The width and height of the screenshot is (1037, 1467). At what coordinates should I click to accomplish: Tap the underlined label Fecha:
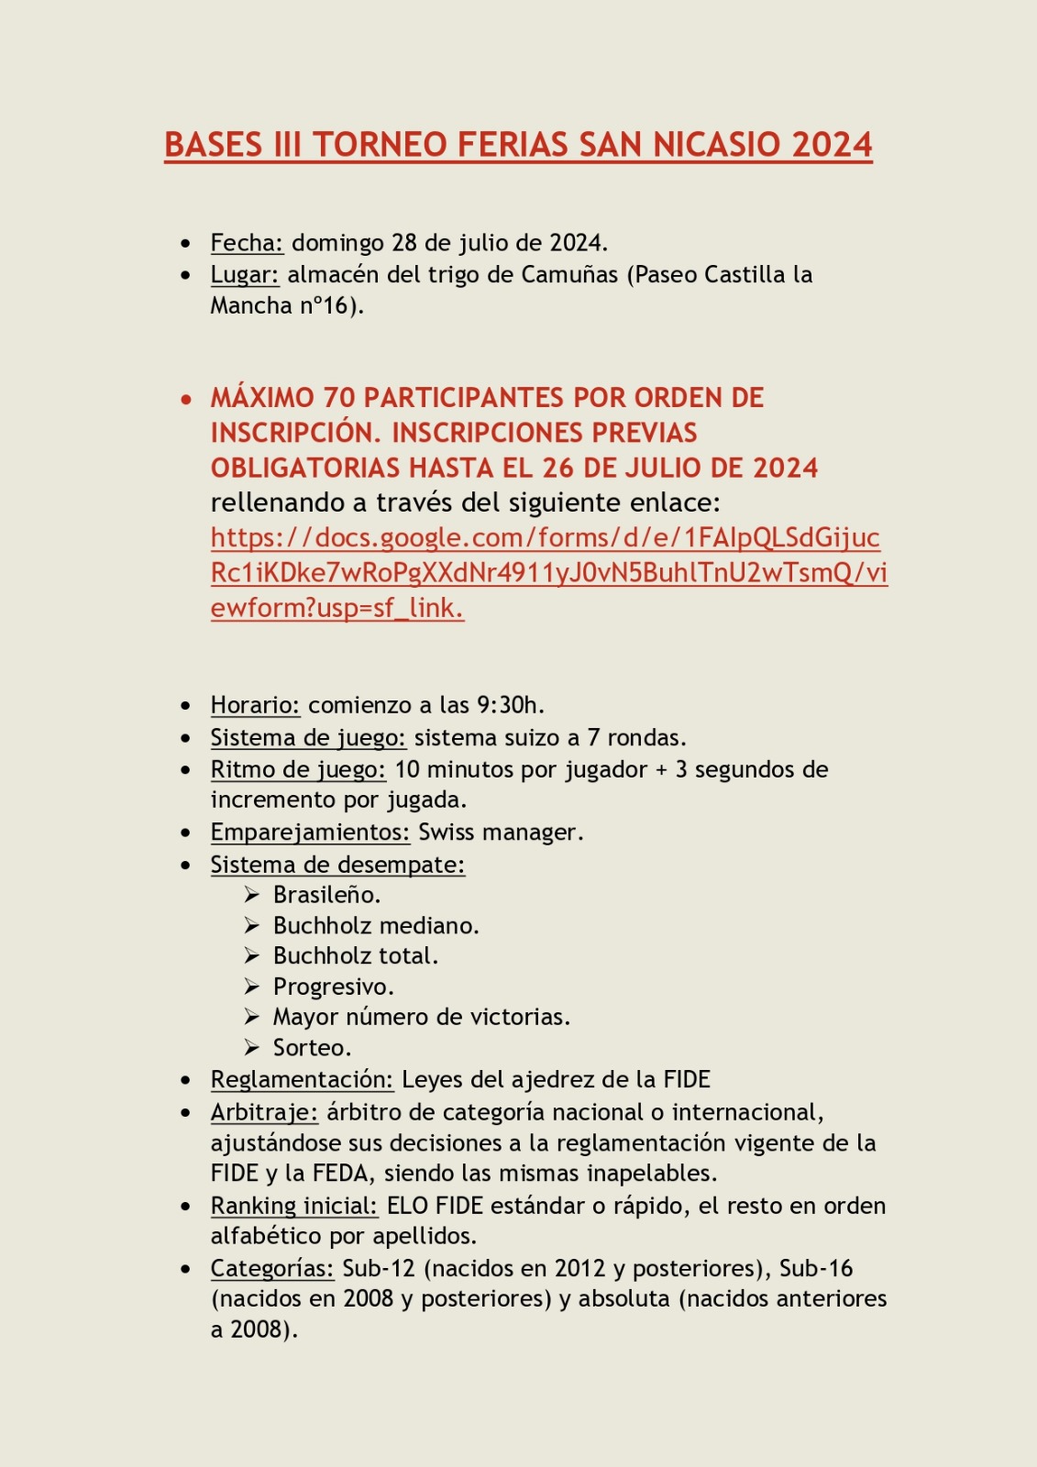(x=247, y=243)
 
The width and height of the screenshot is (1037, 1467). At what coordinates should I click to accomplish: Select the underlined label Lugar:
(x=245, y=274)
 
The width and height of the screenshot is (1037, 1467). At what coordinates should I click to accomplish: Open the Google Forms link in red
(x=548, y=572)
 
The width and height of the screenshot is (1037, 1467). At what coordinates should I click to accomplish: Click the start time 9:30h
(x=510, y=705)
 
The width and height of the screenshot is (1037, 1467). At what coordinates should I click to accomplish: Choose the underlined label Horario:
(x=255, y=705)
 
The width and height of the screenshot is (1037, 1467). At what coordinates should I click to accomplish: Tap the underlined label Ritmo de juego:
(x=298, y=769)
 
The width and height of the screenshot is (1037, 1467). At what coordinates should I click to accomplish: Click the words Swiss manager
(x=500, y=833)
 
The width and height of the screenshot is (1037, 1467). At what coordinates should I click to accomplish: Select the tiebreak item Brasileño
(x=326, y=895)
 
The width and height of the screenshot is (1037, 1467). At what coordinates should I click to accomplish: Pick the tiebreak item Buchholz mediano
(x=376, y=926)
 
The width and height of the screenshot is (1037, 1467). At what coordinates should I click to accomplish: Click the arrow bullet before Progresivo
(x=252, y=987)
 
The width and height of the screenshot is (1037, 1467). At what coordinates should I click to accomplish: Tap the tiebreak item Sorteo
(x=312, y=1048)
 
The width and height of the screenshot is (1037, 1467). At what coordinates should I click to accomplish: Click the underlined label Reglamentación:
(x=302, y=1080)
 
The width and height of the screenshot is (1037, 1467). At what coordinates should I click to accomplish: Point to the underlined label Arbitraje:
(x=264, y=1112)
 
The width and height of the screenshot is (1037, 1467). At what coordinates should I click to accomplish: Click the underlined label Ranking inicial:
(x=293, y=1206)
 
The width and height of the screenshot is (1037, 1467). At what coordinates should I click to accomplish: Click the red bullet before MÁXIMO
(x=187, y=400)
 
